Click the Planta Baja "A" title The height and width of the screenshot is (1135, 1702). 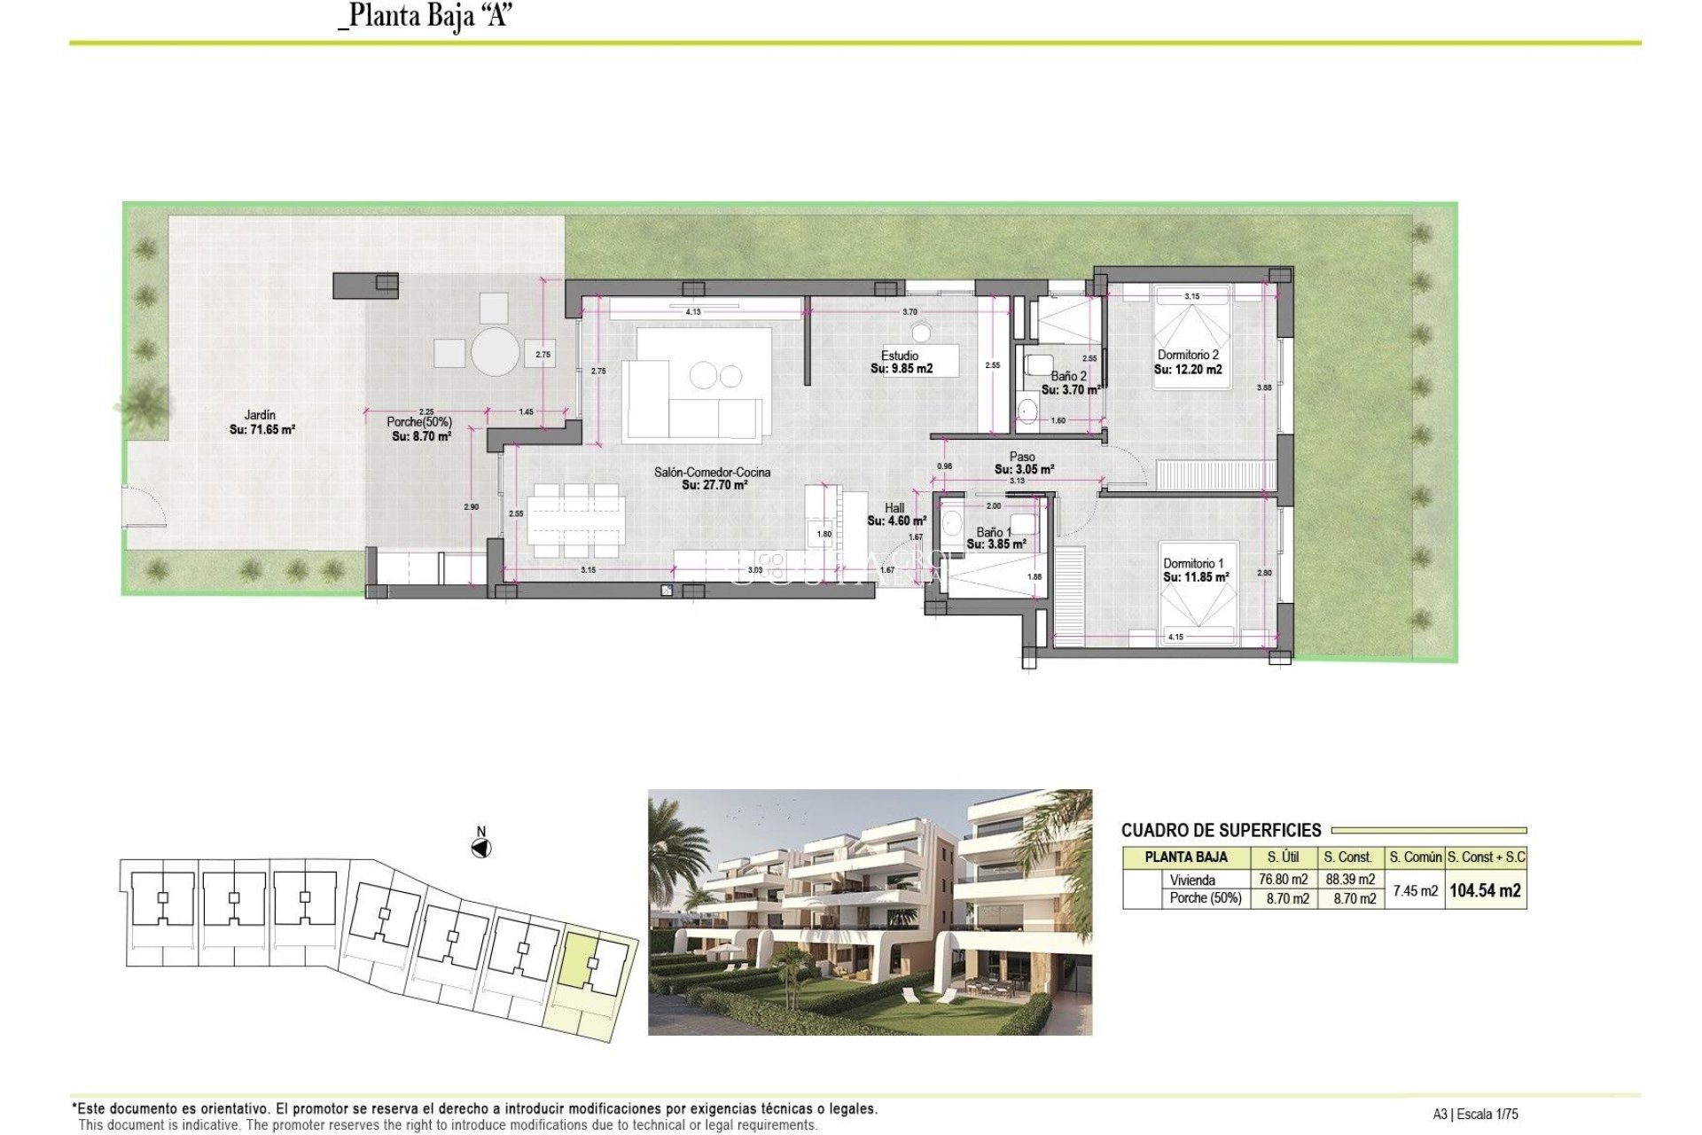(425, 16)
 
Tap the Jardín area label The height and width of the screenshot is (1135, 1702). (261, 422)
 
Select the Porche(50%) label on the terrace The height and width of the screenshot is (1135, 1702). (420, 429)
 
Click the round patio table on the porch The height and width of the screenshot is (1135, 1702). (495, 352)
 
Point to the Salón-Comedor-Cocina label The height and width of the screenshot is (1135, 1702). (713, 478)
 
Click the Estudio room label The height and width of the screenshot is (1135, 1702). (901, 362)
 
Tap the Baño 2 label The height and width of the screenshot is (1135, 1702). (1069, 382)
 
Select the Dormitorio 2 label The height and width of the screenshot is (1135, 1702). (1188, 362)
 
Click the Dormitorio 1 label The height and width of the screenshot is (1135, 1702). (1194, 570)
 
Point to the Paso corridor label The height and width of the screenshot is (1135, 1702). (1023, 463)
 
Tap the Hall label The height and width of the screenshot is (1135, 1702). (895, 514)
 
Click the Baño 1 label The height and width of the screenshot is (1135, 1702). (995, 538)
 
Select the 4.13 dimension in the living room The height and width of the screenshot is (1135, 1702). (693, 312)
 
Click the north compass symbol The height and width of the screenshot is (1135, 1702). (480, 847)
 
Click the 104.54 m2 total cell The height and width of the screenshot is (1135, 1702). (1485, 890)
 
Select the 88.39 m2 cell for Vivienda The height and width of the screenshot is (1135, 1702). (1350, 880)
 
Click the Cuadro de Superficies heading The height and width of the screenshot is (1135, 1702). (1221, 831)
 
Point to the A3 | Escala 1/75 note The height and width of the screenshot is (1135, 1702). (1475, 1115)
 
